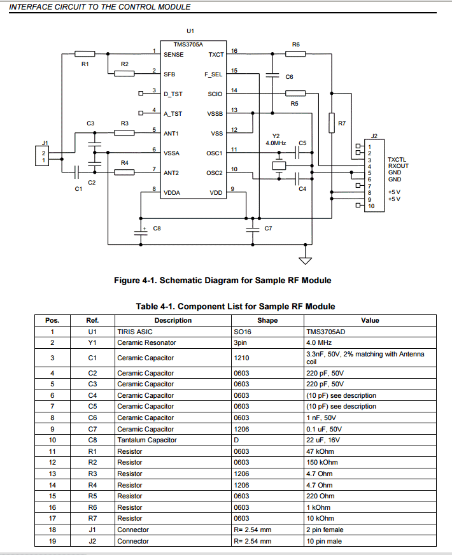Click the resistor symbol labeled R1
click(85, 54)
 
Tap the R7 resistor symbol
click(332, 122)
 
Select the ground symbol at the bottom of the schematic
click(306, 260)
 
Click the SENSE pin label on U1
click(173, 55)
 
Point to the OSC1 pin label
click(215, 153)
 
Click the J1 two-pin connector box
click(44, 157)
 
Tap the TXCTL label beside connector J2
click(397, 160)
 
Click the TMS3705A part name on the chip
click(188, 45)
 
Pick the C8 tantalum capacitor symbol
click(141, 231)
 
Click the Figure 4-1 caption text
click(222, 280)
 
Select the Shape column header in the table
click(267, 320)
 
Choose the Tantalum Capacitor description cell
click(147, 440)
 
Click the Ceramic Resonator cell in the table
click(146, 342)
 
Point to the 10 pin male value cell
click(325, 541)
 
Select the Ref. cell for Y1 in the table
click(92, 342)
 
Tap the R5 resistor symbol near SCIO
click(295, 94)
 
